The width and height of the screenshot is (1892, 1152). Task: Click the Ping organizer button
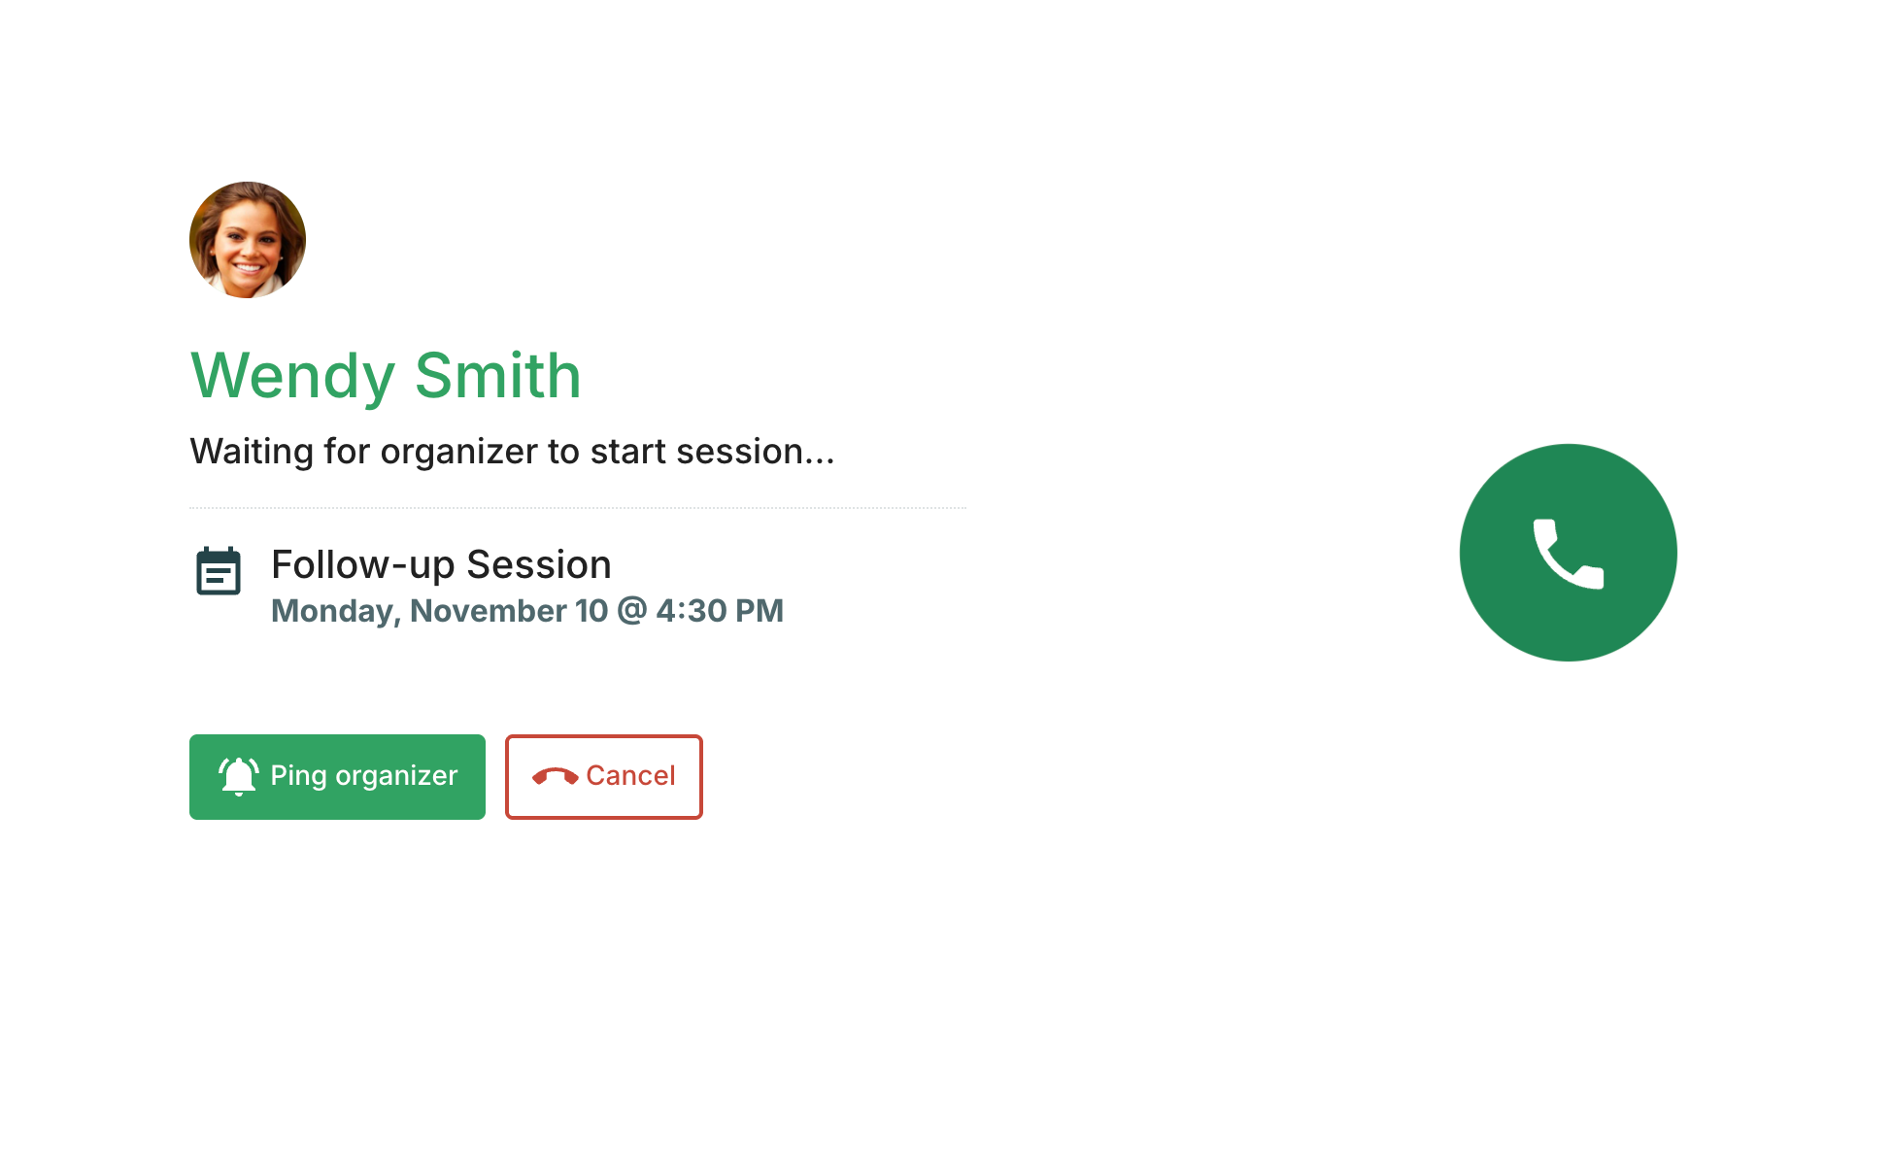point(337,777)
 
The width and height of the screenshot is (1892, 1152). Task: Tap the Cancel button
point(604,777)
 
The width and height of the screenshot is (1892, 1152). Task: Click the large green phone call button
point(1568,553)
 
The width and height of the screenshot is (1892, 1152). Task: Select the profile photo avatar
point(248,240)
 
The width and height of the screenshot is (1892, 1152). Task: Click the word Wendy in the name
point(293,377)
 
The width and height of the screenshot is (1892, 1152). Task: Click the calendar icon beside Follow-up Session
point(219,571)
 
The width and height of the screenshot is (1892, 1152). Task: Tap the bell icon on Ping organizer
point(239,776)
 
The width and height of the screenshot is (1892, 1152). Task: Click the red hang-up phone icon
point(556,776)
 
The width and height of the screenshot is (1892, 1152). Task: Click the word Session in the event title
point(539,564)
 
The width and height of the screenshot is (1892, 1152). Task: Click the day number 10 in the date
point(591,611)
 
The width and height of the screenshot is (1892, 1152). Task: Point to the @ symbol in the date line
point(631,611)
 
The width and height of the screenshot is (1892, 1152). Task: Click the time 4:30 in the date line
point(692,611)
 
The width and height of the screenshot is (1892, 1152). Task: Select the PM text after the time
point(760,611)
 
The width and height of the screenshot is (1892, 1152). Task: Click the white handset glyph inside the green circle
point(1569,554)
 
